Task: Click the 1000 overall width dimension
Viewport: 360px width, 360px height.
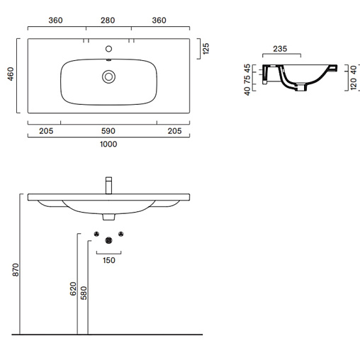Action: click(108, 144)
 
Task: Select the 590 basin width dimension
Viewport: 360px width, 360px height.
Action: click(108, 131)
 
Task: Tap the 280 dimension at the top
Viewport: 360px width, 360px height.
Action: click(108, 21)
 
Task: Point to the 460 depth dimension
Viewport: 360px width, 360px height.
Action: click(11, 74)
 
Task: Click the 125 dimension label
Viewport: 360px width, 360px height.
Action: click(206, 49)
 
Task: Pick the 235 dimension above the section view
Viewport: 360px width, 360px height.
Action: click(280, 49)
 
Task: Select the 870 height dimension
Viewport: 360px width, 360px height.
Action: click(16, 270)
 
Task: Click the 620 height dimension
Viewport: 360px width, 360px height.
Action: click(73, 288)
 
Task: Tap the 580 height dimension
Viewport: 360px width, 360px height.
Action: click(84, 293)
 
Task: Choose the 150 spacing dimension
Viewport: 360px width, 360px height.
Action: click(109, 260)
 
